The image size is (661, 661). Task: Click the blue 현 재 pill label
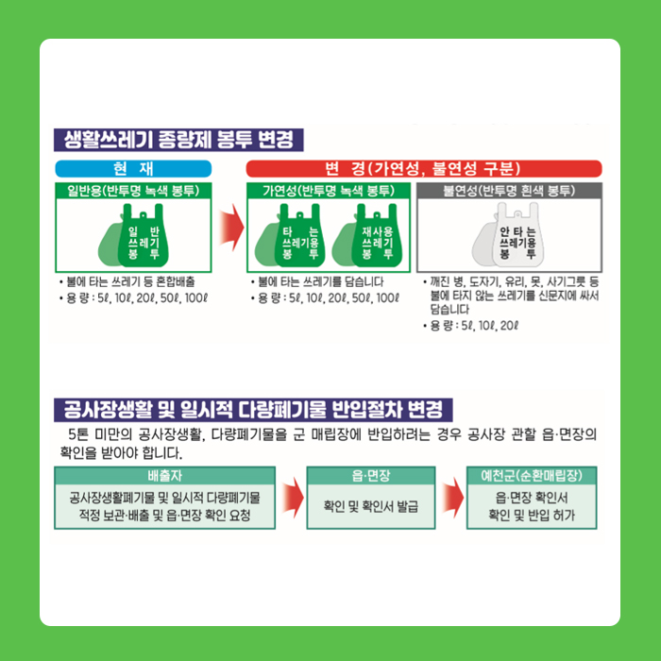pos(133,169)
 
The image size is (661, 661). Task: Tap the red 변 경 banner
pos(424,169)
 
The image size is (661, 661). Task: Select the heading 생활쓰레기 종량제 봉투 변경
pos(178,140)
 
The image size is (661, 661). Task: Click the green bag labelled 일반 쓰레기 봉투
pos(143,236)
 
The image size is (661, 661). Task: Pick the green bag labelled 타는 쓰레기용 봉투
pos(299,236)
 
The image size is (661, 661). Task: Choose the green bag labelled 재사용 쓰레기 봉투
pos(377,236)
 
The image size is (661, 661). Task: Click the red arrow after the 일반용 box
pos(231,228)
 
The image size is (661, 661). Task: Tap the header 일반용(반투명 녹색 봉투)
pos(133,191)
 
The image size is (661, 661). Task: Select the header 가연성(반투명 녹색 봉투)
pos(329,191)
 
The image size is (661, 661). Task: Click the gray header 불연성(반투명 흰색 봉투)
pos(509,191)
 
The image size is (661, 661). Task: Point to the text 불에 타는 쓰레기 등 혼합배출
pos(130,281)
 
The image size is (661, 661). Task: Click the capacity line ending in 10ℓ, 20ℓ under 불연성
pos(474,326)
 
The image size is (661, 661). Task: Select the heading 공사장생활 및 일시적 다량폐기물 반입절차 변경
pos(253,410)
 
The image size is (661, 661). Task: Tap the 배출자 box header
pos(165,476)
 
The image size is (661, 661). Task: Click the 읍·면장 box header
pos(371,476)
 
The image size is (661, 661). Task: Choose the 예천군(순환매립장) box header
pos(532,476)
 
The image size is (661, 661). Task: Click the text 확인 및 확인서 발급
pos(371,506)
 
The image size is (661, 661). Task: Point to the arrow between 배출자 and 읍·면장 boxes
pos(293,498)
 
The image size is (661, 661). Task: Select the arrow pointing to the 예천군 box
pos(452,498)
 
